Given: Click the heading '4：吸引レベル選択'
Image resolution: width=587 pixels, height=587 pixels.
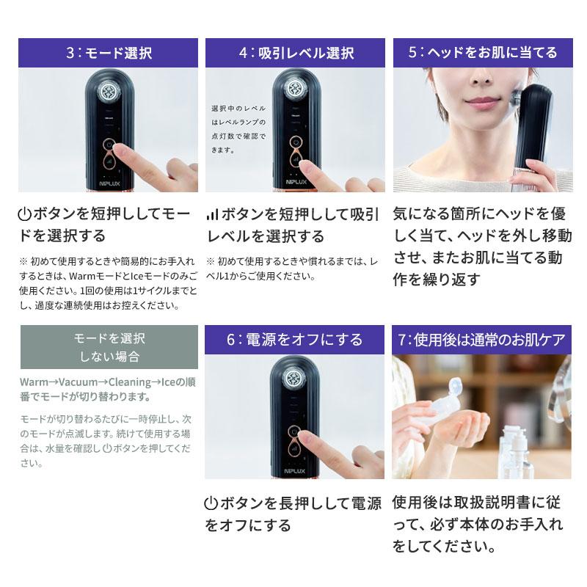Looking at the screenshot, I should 295,53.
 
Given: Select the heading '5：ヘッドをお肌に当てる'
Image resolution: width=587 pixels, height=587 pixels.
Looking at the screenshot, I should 483,53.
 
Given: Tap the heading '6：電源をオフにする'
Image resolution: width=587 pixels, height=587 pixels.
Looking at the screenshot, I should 295,340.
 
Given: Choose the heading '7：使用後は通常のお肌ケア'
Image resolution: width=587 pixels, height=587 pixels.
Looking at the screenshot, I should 483,340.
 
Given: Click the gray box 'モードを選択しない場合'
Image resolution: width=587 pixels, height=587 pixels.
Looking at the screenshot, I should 109,347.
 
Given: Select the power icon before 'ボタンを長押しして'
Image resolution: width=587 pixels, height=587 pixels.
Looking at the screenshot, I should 211,504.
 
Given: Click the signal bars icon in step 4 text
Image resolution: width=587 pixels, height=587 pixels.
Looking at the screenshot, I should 212,214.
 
